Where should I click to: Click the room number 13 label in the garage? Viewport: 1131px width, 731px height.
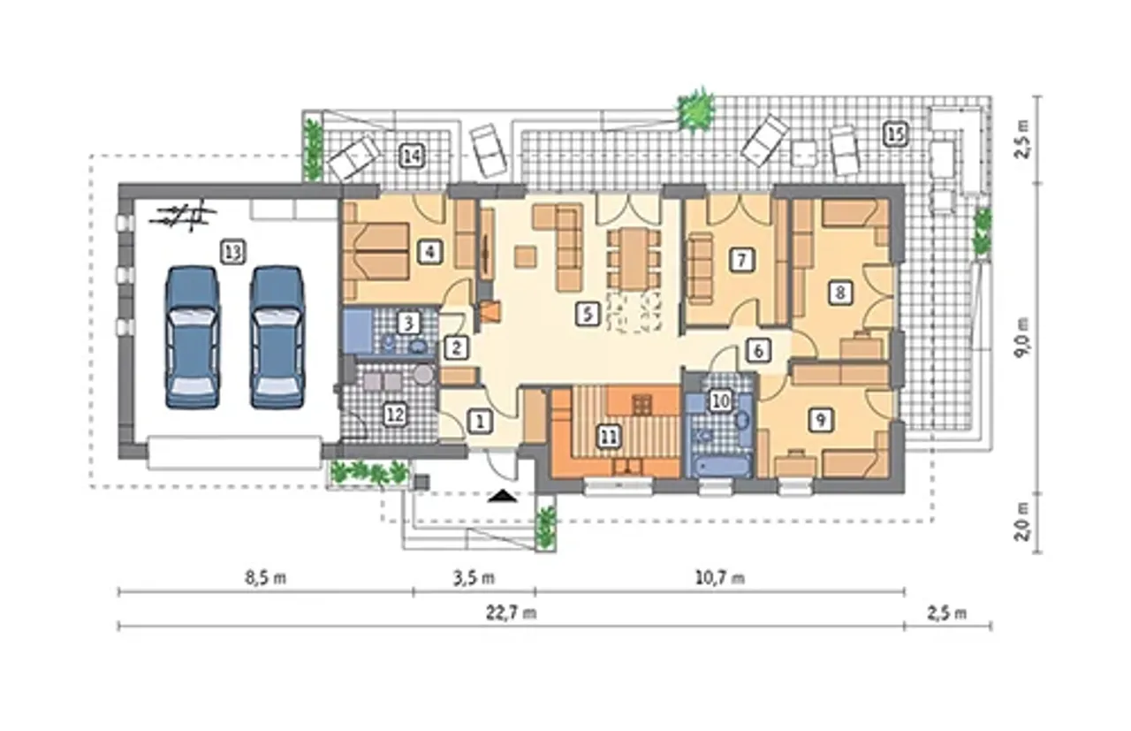tap(233, 252)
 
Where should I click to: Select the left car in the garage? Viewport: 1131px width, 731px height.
tap(193, 337)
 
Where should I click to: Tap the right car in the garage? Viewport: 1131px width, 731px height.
tap(277, 337)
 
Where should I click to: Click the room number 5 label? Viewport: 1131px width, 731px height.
tap(588, 314)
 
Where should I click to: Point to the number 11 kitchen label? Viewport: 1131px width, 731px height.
tap(609, 437)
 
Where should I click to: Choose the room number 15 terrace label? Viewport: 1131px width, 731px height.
tap(896, 134)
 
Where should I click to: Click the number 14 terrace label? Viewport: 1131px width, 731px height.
tap(412, 156)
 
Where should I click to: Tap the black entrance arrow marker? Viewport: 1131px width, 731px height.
tap(503, 496)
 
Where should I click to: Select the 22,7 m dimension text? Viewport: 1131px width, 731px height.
tap(511, 613)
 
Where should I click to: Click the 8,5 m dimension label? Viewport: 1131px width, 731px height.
tap(266, 577)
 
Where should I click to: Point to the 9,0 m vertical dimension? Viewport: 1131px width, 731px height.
tap(1023, 338)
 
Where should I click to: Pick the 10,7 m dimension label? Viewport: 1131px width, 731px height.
tap(720, 577)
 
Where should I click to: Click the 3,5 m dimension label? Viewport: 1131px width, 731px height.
tap(474, 577)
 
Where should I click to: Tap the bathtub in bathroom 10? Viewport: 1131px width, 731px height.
tap(720, 465)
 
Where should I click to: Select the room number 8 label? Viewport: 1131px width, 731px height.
tap(840, 292)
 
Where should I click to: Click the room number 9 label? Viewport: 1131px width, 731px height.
tap(821, 419)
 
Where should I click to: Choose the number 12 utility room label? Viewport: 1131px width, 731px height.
tap(395, 415)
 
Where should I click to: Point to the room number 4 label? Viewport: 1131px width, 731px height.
tap(429, 252)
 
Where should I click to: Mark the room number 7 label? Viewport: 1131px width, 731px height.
tap(741, 260)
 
